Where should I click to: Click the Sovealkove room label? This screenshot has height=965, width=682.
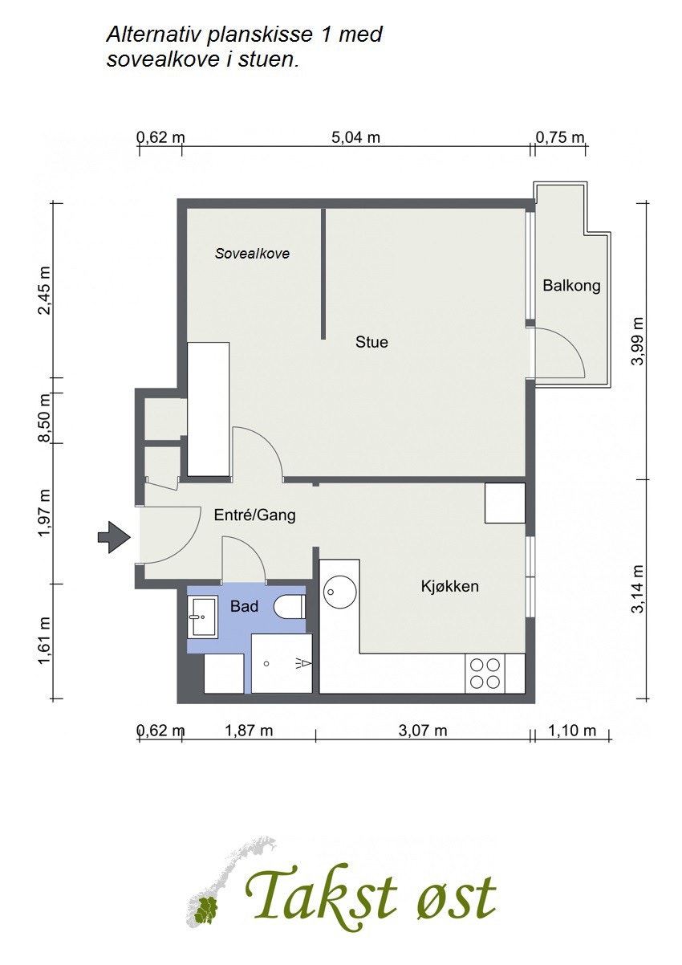point(252,254)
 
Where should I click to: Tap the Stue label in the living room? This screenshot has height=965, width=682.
point(371,343)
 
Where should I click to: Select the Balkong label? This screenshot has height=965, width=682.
point(571,286)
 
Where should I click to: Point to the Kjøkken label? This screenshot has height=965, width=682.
point(450,586)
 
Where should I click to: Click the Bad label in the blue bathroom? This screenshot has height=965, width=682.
point(244,607)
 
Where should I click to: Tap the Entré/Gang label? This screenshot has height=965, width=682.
point(255,515)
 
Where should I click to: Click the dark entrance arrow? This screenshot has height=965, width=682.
point(114,537)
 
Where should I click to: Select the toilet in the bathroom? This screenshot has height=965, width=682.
point(290,607)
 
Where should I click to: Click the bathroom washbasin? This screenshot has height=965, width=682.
point(202,617)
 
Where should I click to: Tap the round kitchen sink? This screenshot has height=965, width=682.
point(339,592)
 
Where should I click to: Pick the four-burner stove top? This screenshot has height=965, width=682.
point(485,674)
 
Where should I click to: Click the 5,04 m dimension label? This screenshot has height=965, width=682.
point(355,138)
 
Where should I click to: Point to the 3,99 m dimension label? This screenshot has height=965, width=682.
point(638,341)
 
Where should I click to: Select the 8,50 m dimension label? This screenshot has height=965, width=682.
point(45,417)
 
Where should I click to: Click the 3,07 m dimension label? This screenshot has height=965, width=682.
point(423,731)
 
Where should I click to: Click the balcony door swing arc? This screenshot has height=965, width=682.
point(571,343)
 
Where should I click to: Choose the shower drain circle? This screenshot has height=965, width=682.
point(266,663)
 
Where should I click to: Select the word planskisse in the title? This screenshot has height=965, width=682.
point(259,35)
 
